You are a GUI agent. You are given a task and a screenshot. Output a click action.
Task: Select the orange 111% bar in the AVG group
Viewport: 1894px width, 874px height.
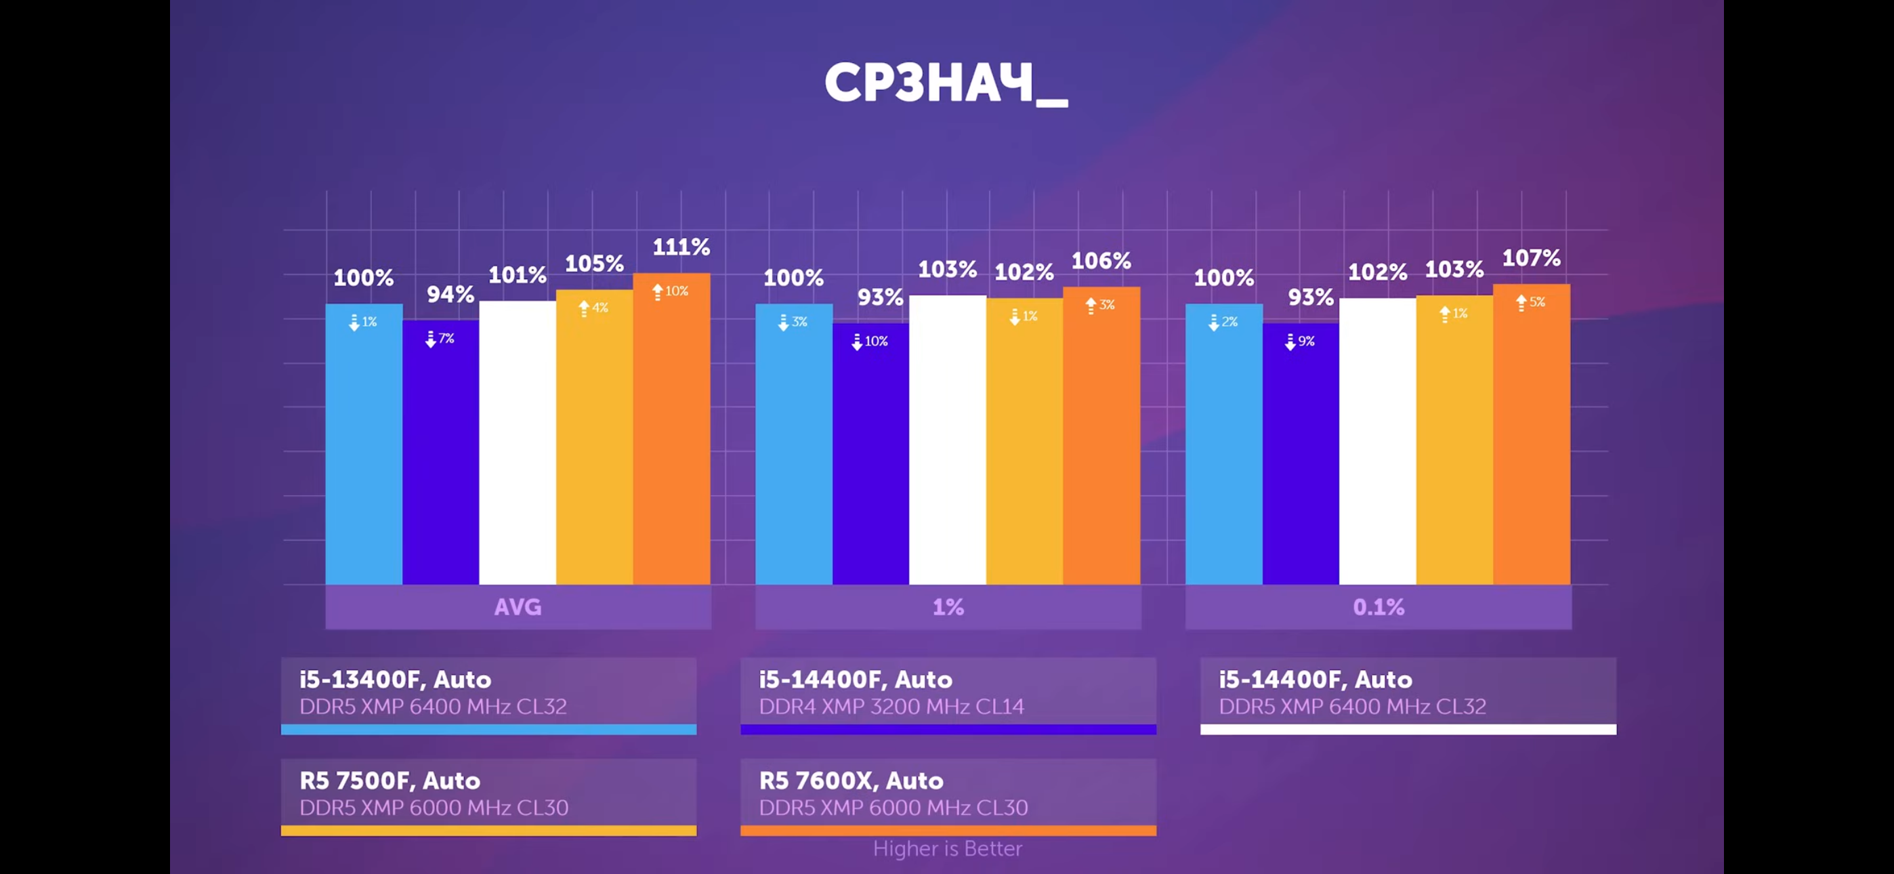(x=671, y=442)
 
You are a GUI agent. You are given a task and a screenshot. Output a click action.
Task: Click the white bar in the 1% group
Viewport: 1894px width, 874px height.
(x=948, y=442)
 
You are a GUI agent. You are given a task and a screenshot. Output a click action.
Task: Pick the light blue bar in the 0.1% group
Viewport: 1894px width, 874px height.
(x=1224, y=449)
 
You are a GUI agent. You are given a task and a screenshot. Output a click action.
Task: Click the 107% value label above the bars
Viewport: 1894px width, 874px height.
(x=1531, y=258)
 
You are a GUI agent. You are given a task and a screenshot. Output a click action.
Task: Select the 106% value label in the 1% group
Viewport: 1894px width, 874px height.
(x=1101, y=261)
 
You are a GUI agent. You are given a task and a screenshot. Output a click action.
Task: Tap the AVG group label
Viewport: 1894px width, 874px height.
(x=518, y=607)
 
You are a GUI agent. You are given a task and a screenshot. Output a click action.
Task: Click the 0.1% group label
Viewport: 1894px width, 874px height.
(x=1379, y=607)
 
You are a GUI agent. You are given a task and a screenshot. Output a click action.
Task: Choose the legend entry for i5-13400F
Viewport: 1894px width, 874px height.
(x=488, y=692)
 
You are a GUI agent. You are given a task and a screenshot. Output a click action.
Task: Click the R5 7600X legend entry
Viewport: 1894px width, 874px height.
(x=948, y=793)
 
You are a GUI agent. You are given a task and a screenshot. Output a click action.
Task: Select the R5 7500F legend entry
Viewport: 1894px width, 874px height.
(x=488, y=793)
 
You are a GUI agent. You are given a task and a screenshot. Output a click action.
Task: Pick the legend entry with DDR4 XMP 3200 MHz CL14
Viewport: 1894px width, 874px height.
(x=948, y=692)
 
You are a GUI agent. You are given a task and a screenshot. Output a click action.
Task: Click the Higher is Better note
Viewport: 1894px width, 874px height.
(x=948, y=849)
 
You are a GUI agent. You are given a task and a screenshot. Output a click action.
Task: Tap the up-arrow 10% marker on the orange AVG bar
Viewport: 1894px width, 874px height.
(x=670, y=291)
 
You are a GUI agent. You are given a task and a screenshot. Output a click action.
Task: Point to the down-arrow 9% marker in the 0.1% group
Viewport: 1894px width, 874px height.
(x=1299, y=341)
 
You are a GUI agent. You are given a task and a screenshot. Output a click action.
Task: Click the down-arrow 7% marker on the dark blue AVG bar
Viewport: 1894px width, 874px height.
(x=440, y=338)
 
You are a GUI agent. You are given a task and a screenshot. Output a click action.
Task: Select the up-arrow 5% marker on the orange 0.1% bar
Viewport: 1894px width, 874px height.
(x=1530, y=302)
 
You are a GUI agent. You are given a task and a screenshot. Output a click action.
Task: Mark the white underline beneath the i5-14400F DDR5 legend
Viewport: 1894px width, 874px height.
(x=1408, y=729)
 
